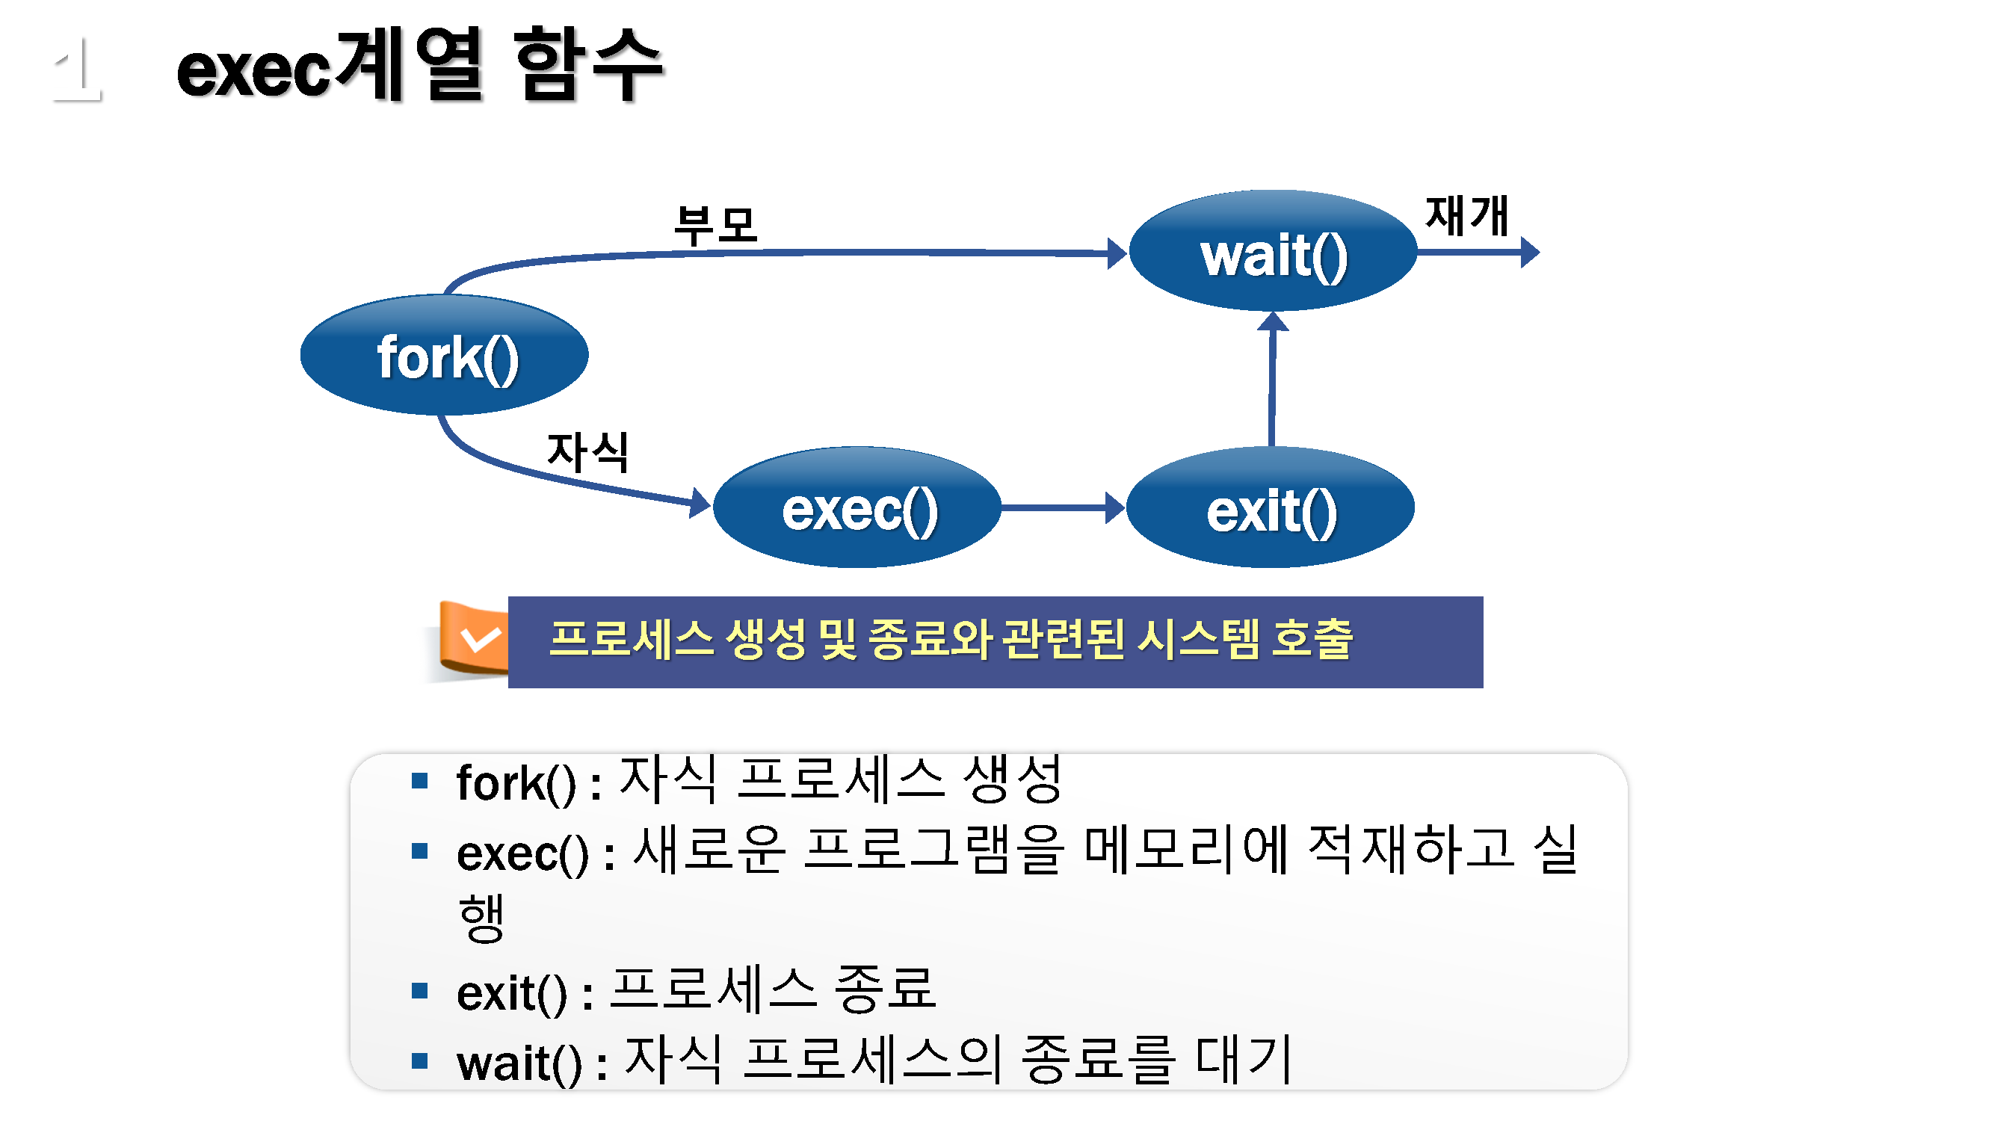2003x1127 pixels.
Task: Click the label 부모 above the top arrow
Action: pos(715,226)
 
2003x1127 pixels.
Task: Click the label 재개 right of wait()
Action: pos(1466,215)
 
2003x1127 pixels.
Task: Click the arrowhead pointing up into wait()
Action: pos(1273,321)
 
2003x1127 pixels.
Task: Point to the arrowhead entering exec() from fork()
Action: pos(699,502)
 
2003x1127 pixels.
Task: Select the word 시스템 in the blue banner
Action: pos(1197,639)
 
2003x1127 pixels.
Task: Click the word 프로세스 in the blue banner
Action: pos(631,639)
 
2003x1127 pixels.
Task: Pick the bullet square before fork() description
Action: pos(420,781)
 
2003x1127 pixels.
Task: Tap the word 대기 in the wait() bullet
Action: pos(1243,1059)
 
